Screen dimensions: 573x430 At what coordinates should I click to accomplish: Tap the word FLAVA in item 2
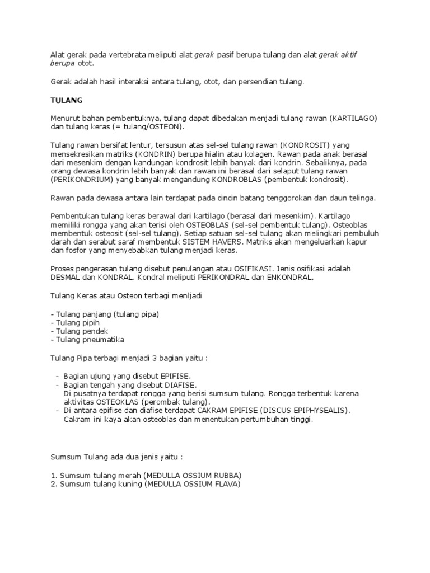click(225, 484)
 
